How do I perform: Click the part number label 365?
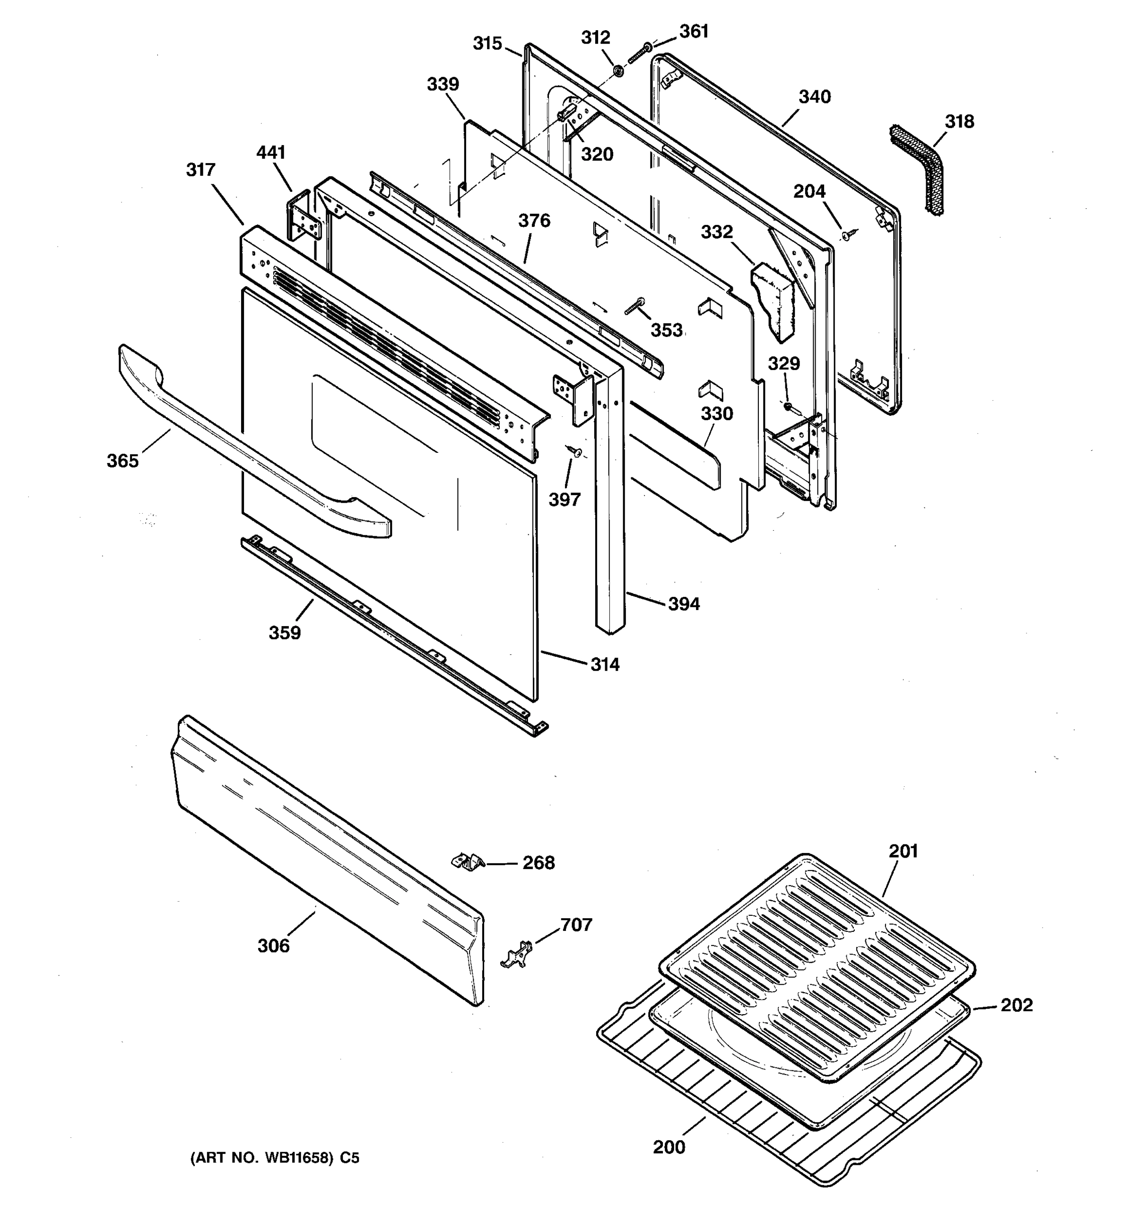coord(123,461)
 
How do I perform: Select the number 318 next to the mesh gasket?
coord(960,122)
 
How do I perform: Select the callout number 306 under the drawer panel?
coord(273,945)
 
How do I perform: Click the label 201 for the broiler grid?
coord(903,851)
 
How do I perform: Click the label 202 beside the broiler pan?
coord(1016,1006)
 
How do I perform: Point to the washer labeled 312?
coord(618,71)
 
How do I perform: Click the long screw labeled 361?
coord(639,53)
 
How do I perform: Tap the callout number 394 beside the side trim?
coord(684,604)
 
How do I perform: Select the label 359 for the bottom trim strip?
coord(284,633)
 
